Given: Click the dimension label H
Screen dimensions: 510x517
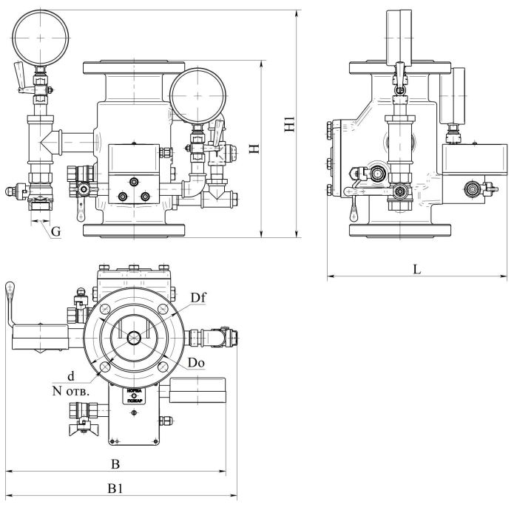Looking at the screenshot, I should point(254,147).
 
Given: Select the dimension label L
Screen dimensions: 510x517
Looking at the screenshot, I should point(416,270).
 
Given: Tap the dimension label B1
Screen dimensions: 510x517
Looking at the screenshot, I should point(115,489).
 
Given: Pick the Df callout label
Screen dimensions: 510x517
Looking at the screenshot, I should point(197,298).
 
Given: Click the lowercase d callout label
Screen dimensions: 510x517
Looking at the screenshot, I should point(70,375).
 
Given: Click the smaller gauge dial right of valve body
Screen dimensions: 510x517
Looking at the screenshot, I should point(195,93).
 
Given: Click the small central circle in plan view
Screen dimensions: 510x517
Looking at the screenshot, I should point(134,338).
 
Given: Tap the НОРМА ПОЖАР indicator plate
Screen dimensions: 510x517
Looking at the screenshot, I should point(133,398).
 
